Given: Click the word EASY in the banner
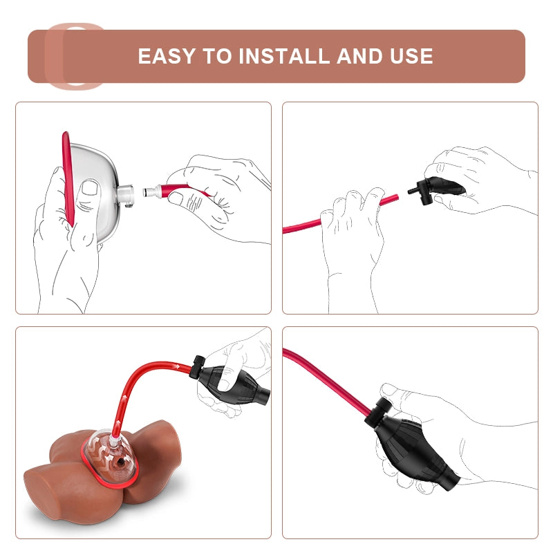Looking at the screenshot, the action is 167,56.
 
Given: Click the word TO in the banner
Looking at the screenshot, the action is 217,56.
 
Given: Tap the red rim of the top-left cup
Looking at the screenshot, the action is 68,179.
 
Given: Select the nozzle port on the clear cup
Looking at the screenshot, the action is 126,195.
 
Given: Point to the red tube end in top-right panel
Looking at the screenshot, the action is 396,197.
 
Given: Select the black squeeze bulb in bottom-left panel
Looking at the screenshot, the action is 233,384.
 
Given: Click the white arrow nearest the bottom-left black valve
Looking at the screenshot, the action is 176,367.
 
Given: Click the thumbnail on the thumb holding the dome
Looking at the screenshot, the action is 90,187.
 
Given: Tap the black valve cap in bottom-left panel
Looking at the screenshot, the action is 197,367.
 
